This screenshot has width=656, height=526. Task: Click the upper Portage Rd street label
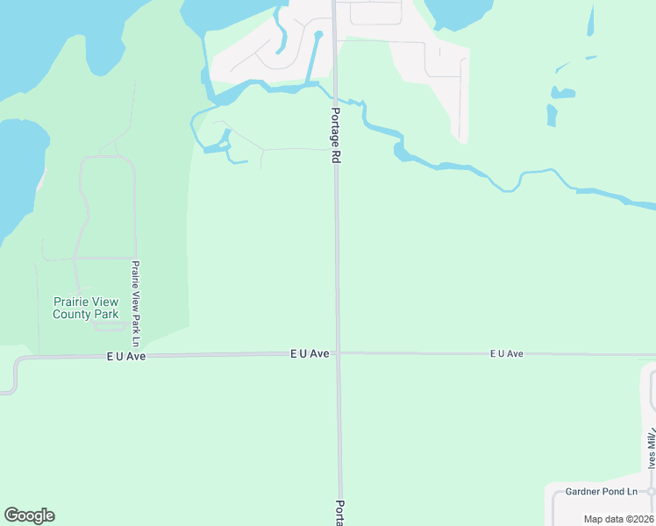(335, 136)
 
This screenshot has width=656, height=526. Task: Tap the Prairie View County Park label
(86, 308)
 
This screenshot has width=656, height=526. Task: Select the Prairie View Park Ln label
(136, 296)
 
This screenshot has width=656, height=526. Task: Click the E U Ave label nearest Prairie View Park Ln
(126, 357)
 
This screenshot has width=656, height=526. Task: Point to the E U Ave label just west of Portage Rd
(310, 353)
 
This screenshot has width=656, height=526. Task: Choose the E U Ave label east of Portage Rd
(506, 353)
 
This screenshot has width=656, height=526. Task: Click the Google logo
(29, 515)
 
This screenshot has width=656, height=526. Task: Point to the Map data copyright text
(618, 519)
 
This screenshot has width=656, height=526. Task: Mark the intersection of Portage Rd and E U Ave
(338, 353)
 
